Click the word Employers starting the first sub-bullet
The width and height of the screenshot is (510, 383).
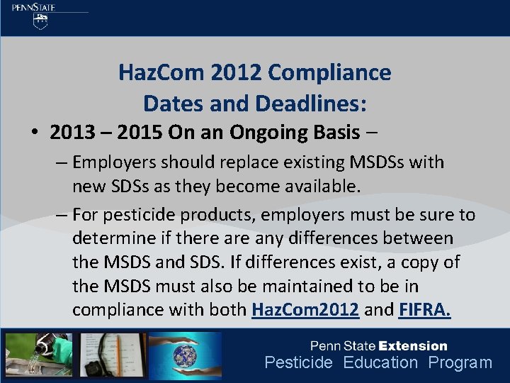coord(115,162)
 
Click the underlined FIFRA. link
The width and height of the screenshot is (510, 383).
coord(425,311)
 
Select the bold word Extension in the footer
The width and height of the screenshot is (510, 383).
coord(413,346)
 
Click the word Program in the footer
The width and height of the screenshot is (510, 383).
coord(460,363)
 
